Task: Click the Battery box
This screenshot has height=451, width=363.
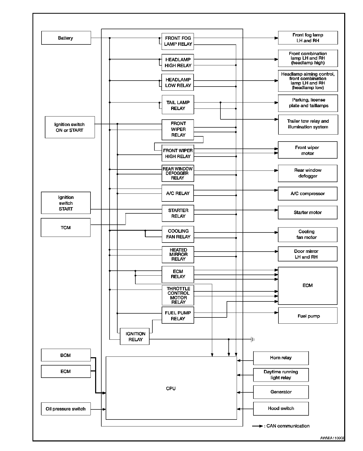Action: pyautogui.click(x=66, y=38)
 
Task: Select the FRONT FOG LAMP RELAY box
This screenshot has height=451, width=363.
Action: pyautogui.click(x=178, y=41)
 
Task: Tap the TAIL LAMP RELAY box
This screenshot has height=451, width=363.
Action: pyautogui.click(x=178, y=105)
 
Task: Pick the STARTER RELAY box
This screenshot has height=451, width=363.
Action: pyautogui.click(x=178, y=213)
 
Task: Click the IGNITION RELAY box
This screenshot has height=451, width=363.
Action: pyautogui.click(x=135, y=337)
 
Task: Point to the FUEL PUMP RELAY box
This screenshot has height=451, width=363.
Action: pyautogui.click(x=178, y=315)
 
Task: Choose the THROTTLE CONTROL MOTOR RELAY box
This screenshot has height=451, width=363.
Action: pyautogui.click(x=178, y=295)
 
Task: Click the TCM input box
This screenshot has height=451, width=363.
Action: pyautogui.click(x=66, y=228)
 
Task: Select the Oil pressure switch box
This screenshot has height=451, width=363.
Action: pyautogui.click(x=66, y=409)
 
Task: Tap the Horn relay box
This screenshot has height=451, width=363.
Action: pyautogui.click(x=281, y=358)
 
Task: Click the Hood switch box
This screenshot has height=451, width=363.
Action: pyautogui.click(x=281, y=408)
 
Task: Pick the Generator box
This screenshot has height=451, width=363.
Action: pyautogui.click(x=281, y=392)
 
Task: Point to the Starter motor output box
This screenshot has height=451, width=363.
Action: pyautogui.click(x=308, y=212)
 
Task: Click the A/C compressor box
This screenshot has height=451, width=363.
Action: pyautogui.click(x=308, y=193)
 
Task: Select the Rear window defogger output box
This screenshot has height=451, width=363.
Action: pyautogui.click(x=308, y=173)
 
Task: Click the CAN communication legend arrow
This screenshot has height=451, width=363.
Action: pyautogui.click(x=258, y=426)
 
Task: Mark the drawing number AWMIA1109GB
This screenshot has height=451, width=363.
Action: pyautogui.click(x=332, y=438)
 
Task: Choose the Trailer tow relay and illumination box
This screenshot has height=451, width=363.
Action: pyautogui.click(x=308, y=124)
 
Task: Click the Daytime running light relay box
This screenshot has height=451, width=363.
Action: pyautogui.click(x=281, y=375)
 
